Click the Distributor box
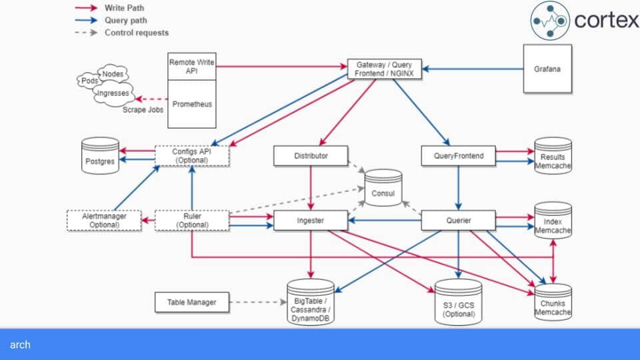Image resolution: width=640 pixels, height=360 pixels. [x=311, y=156]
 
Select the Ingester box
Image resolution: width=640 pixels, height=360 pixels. [x=311, y=221]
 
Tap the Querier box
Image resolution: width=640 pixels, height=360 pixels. [x=459, y=221]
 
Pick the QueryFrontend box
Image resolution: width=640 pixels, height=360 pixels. [x=459, y=156]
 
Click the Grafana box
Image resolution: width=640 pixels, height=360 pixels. [x=547, y=69]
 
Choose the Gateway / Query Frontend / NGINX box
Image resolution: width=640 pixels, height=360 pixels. [x=384, y=69]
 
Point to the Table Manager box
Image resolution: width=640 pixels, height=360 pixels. [x=192, y=303]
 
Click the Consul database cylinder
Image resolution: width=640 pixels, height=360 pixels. [x=383, y=188]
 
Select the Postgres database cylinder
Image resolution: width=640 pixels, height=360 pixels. [x=100, y=156]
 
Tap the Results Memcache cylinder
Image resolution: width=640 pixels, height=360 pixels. [x=553, y=156]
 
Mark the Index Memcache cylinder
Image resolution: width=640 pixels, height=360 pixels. [x=553, y=221]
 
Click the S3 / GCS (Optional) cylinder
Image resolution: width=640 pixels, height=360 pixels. [x=459, y=303]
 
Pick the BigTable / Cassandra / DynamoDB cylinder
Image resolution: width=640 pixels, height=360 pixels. [x=311, y=303]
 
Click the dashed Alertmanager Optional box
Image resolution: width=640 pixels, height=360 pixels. [x=104, y=221]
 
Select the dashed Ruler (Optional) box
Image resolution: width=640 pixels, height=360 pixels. [x=192, y=221]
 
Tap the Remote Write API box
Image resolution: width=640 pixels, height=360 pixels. [x=192, y=67]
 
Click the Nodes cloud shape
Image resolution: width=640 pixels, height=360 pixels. [x=113, y=74]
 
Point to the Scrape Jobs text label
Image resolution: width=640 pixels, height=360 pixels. [x=143, y=110]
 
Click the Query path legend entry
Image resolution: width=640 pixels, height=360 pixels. [x=111, y=21]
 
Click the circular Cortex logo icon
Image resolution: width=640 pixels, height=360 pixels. [x=550, y=21]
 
